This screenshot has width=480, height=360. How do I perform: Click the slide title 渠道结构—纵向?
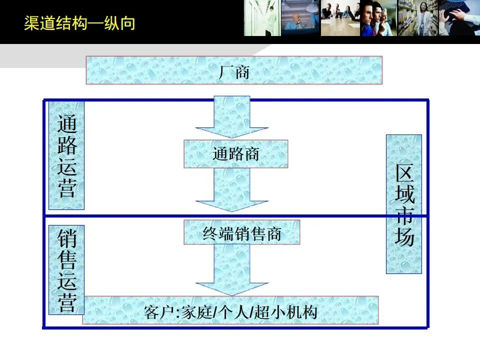79,23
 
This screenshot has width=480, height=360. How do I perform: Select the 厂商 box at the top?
234,70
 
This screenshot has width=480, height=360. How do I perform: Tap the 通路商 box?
236,153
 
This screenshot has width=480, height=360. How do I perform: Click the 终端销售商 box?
242,232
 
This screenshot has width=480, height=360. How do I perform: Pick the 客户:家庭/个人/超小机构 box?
230,310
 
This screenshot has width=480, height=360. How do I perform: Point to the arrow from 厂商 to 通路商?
232,116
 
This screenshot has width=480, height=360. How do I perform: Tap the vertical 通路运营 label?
66,155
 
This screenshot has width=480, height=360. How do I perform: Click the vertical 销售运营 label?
66,270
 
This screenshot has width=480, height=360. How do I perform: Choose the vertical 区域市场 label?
404,204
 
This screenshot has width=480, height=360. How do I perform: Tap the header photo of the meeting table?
340,18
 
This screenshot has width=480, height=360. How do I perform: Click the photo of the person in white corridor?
261,18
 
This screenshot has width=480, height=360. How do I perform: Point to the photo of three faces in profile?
378,18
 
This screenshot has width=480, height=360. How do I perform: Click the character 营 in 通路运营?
66,188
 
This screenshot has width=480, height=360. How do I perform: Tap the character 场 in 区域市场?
404,236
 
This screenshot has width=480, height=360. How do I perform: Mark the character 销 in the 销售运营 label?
66,239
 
